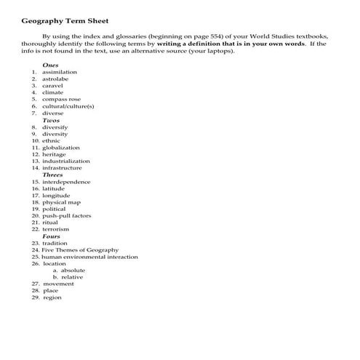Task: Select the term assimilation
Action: [60, 73]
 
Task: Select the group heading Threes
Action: [52, 175]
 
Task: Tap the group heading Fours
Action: [51, 236]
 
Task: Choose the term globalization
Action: [61, 148]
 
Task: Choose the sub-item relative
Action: [72, 277]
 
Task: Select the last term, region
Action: [52, 297]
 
